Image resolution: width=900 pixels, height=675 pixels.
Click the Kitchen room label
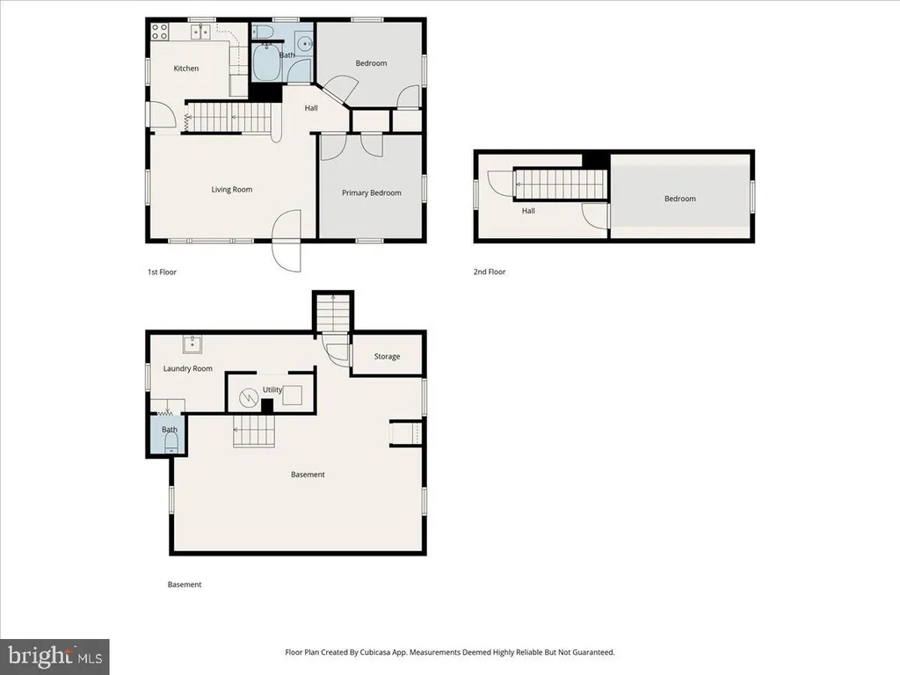pos(186,69)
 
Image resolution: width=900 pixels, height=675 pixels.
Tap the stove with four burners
pos(160,31)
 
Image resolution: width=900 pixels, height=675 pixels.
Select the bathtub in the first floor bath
pos(266,62)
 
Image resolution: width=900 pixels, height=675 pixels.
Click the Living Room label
pos(231,190)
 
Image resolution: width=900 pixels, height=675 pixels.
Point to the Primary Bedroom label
pos(372,192)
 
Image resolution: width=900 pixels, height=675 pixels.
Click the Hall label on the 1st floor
pos(311,108)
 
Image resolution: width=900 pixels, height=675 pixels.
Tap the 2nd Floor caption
pos(489,272)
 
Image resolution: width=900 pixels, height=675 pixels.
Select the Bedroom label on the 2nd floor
pos(680,199)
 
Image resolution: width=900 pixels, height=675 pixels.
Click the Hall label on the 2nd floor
pos(528,211)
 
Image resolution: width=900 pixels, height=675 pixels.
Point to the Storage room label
pos(387,357)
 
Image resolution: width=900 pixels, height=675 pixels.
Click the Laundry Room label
pos(188,368)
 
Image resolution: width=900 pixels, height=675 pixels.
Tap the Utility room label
pos(272,389)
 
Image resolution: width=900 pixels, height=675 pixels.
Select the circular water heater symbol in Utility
pos(249,396)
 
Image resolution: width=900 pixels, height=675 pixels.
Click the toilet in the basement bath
pos(171,443)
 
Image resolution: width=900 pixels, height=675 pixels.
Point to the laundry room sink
pos(192,345)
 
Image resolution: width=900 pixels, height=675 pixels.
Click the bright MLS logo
pos(54,656)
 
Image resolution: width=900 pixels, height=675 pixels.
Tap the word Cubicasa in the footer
pos(374,652)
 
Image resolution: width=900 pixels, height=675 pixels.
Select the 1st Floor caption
pos(162,272)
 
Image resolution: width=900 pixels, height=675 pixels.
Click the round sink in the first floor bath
pos(305,43)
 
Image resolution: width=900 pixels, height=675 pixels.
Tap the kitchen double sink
pos(200,31)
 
